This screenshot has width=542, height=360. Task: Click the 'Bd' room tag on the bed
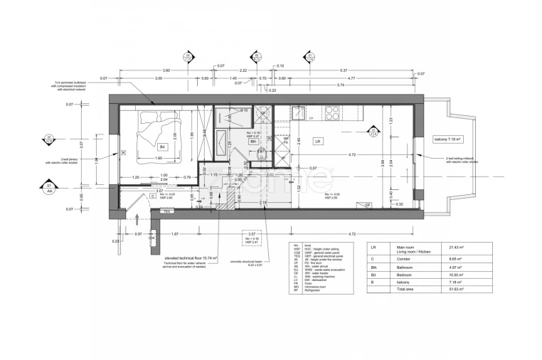pyautogui.click(x=163, y=148)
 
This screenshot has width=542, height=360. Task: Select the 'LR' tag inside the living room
pyautogui.click(x=318, y=142)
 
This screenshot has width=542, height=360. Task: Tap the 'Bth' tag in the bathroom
pyautogui.click(x=253, y=142)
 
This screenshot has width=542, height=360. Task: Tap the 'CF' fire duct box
pyautogui.click(x=368, y=205)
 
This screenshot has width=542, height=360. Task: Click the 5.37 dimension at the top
pyautogui.click(x=344, y=70)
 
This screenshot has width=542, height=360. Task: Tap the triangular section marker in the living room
pyautogui.click(x=373, y=129)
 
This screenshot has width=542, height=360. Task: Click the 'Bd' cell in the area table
pyautogui.click(x=373, y=274)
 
